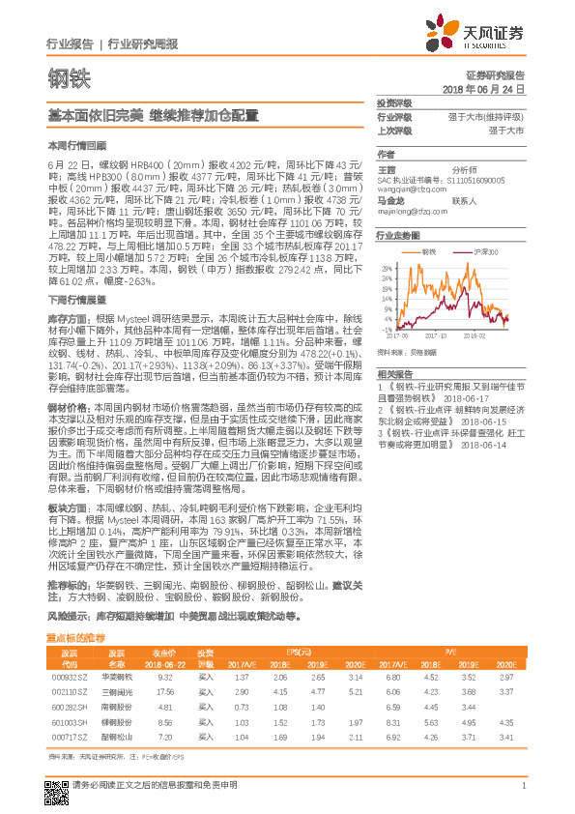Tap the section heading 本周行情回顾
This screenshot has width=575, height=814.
[71, 143]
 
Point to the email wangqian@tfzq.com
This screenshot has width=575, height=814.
[405, 189]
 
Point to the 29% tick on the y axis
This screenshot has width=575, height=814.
[388, 267]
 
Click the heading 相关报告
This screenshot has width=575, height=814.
[395, 373]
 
